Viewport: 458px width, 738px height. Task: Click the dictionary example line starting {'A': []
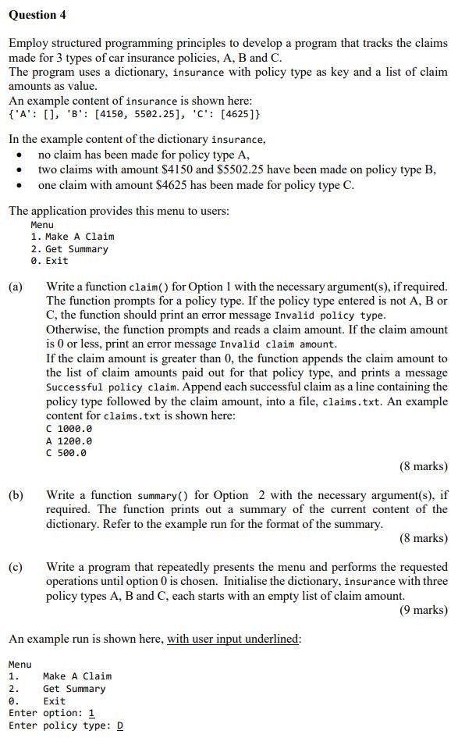click(x=134, y=114)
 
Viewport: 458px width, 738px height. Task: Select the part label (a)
click(x=16, y=287)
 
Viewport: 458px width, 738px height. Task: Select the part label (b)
click(x=16, y=495)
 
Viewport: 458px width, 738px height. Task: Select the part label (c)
click(x=16, y=567)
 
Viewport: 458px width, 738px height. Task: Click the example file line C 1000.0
click(x=69, y=429)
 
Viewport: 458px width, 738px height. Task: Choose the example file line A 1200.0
click(x=69, y=440)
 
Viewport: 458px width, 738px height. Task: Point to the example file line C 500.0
click(x=66, y=453)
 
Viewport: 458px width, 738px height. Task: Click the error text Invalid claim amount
click(x=279, y=344)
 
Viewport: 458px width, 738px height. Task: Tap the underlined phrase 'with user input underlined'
click(x=233, y=639)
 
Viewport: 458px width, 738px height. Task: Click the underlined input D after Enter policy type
click(x=119, y=726)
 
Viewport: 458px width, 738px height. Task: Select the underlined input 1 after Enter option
click(x=91, y=713)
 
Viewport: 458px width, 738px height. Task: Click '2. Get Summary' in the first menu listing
click(x=69, y=248)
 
